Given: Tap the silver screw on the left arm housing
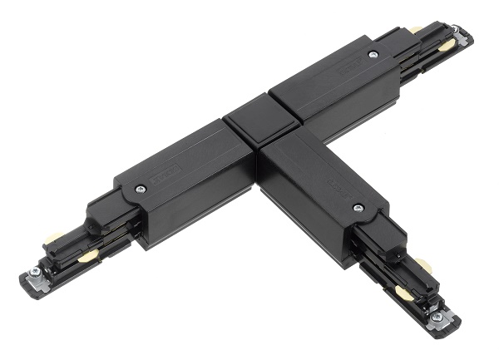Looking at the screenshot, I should click(x=141, y=189).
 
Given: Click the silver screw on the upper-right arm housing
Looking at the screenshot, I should click(x=372, y=55).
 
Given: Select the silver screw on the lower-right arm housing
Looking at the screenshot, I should click(x=358, y=208).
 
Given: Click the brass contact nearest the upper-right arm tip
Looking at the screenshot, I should click(x=447, y=47).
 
